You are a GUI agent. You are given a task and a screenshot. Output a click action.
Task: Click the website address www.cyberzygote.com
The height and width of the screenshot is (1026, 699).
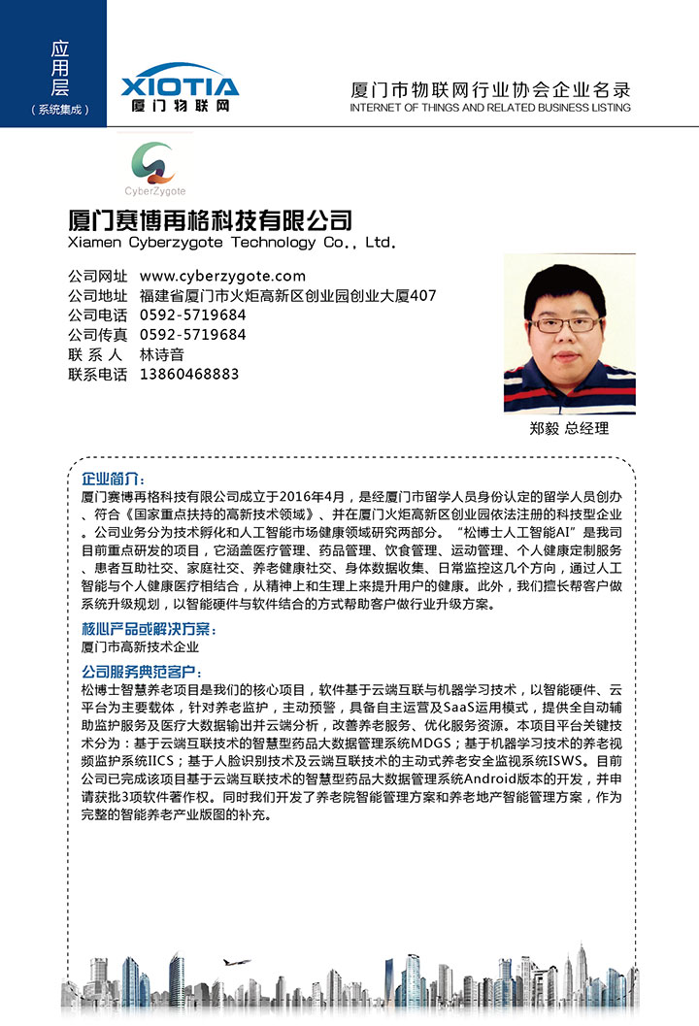coord(222,276)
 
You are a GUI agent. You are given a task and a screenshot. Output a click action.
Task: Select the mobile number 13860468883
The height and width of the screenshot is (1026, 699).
coord(189,374)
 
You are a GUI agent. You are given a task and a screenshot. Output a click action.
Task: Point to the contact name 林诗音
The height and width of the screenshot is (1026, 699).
coord(162,354)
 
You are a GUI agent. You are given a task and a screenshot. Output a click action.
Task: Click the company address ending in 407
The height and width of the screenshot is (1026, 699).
coord(288,296)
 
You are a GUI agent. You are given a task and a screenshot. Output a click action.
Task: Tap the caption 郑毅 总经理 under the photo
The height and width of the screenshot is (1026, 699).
coord(569,428)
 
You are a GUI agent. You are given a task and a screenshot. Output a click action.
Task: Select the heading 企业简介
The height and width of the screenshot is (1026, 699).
coord(113,480)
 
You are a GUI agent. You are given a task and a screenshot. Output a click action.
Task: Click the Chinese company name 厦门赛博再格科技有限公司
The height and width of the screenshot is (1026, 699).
coord(210,218)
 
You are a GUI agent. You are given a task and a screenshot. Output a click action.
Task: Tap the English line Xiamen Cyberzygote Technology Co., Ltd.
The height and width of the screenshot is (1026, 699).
coord(232,242)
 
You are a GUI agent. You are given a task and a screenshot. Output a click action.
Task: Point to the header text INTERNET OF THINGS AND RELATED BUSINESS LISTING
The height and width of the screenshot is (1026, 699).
coord(489,108)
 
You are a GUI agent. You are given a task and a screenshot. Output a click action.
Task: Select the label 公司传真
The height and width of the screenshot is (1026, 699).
coord(97,335)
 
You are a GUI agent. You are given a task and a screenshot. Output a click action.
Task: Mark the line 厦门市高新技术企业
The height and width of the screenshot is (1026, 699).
coord(140,646)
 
